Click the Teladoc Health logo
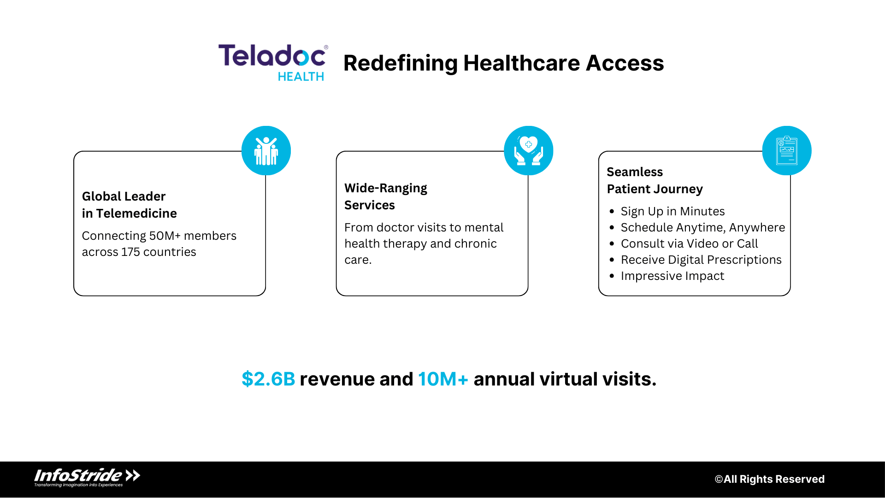[273, 62]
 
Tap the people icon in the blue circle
[266, 151]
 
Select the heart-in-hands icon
[528, 151]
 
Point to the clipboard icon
[786, 151]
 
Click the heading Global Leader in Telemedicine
[129, 205]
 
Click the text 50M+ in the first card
[165, 236]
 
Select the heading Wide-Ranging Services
[385, 196]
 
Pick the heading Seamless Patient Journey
[655, 180]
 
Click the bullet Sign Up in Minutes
[673, 212]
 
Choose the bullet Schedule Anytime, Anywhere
[702, 228]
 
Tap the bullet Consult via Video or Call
[689, 244]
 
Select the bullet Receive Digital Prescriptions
[701, 260]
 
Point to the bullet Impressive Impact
[672, 276]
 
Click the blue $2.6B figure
[268, 379]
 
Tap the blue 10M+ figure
[443, 379]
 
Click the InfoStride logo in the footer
[87, 477]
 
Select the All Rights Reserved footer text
[769, 479]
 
